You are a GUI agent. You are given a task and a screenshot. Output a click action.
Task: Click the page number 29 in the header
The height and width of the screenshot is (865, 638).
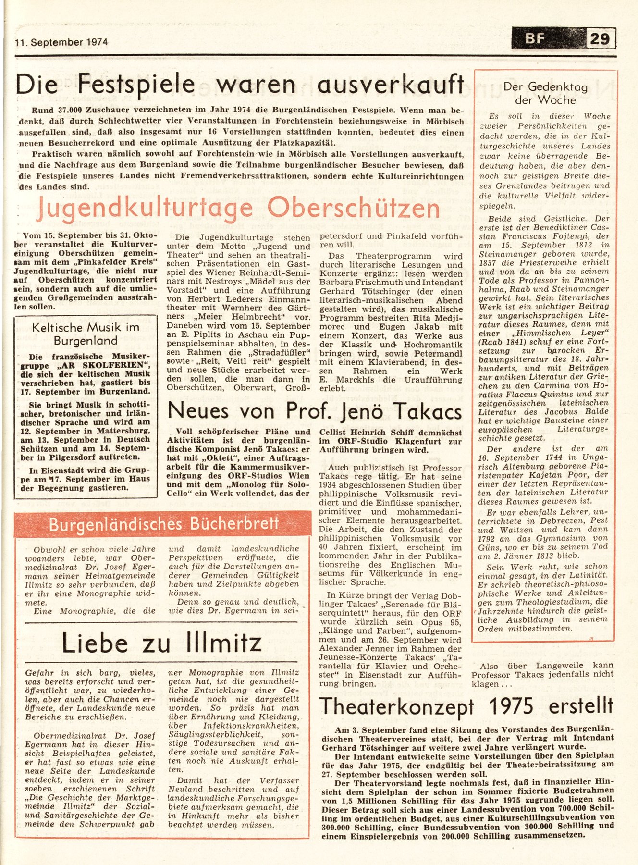(x=600, y=38)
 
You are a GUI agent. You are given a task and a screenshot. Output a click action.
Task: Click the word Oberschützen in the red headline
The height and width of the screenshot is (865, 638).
(x=354, y=209)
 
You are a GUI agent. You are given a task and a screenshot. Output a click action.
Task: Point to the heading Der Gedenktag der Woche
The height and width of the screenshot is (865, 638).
(x=545, y=93)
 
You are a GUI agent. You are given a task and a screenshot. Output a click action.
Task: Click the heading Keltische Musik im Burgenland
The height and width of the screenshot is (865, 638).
(x=86, y=334)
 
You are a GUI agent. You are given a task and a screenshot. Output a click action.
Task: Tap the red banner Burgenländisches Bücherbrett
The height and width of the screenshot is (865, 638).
(x=163, y=524)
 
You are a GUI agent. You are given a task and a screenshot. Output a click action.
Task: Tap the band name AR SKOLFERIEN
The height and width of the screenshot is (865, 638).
(x=90, y=366)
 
